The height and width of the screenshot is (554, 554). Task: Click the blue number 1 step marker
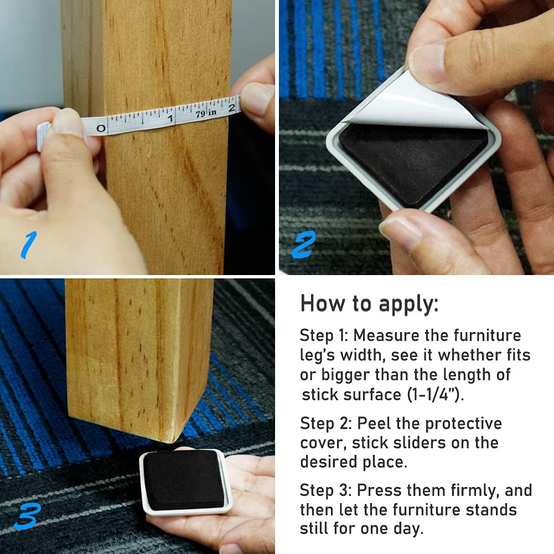click(x=29, y=245)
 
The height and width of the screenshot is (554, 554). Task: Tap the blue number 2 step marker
click(x=304, y=245)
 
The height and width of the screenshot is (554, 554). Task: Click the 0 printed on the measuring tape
click(x=101, y=128)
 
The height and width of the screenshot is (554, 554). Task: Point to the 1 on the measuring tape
click(x=170, y=118)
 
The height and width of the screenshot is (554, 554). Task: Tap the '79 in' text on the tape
click(x=206, y=113)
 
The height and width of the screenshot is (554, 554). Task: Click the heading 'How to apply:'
click(x=369, y=304)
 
